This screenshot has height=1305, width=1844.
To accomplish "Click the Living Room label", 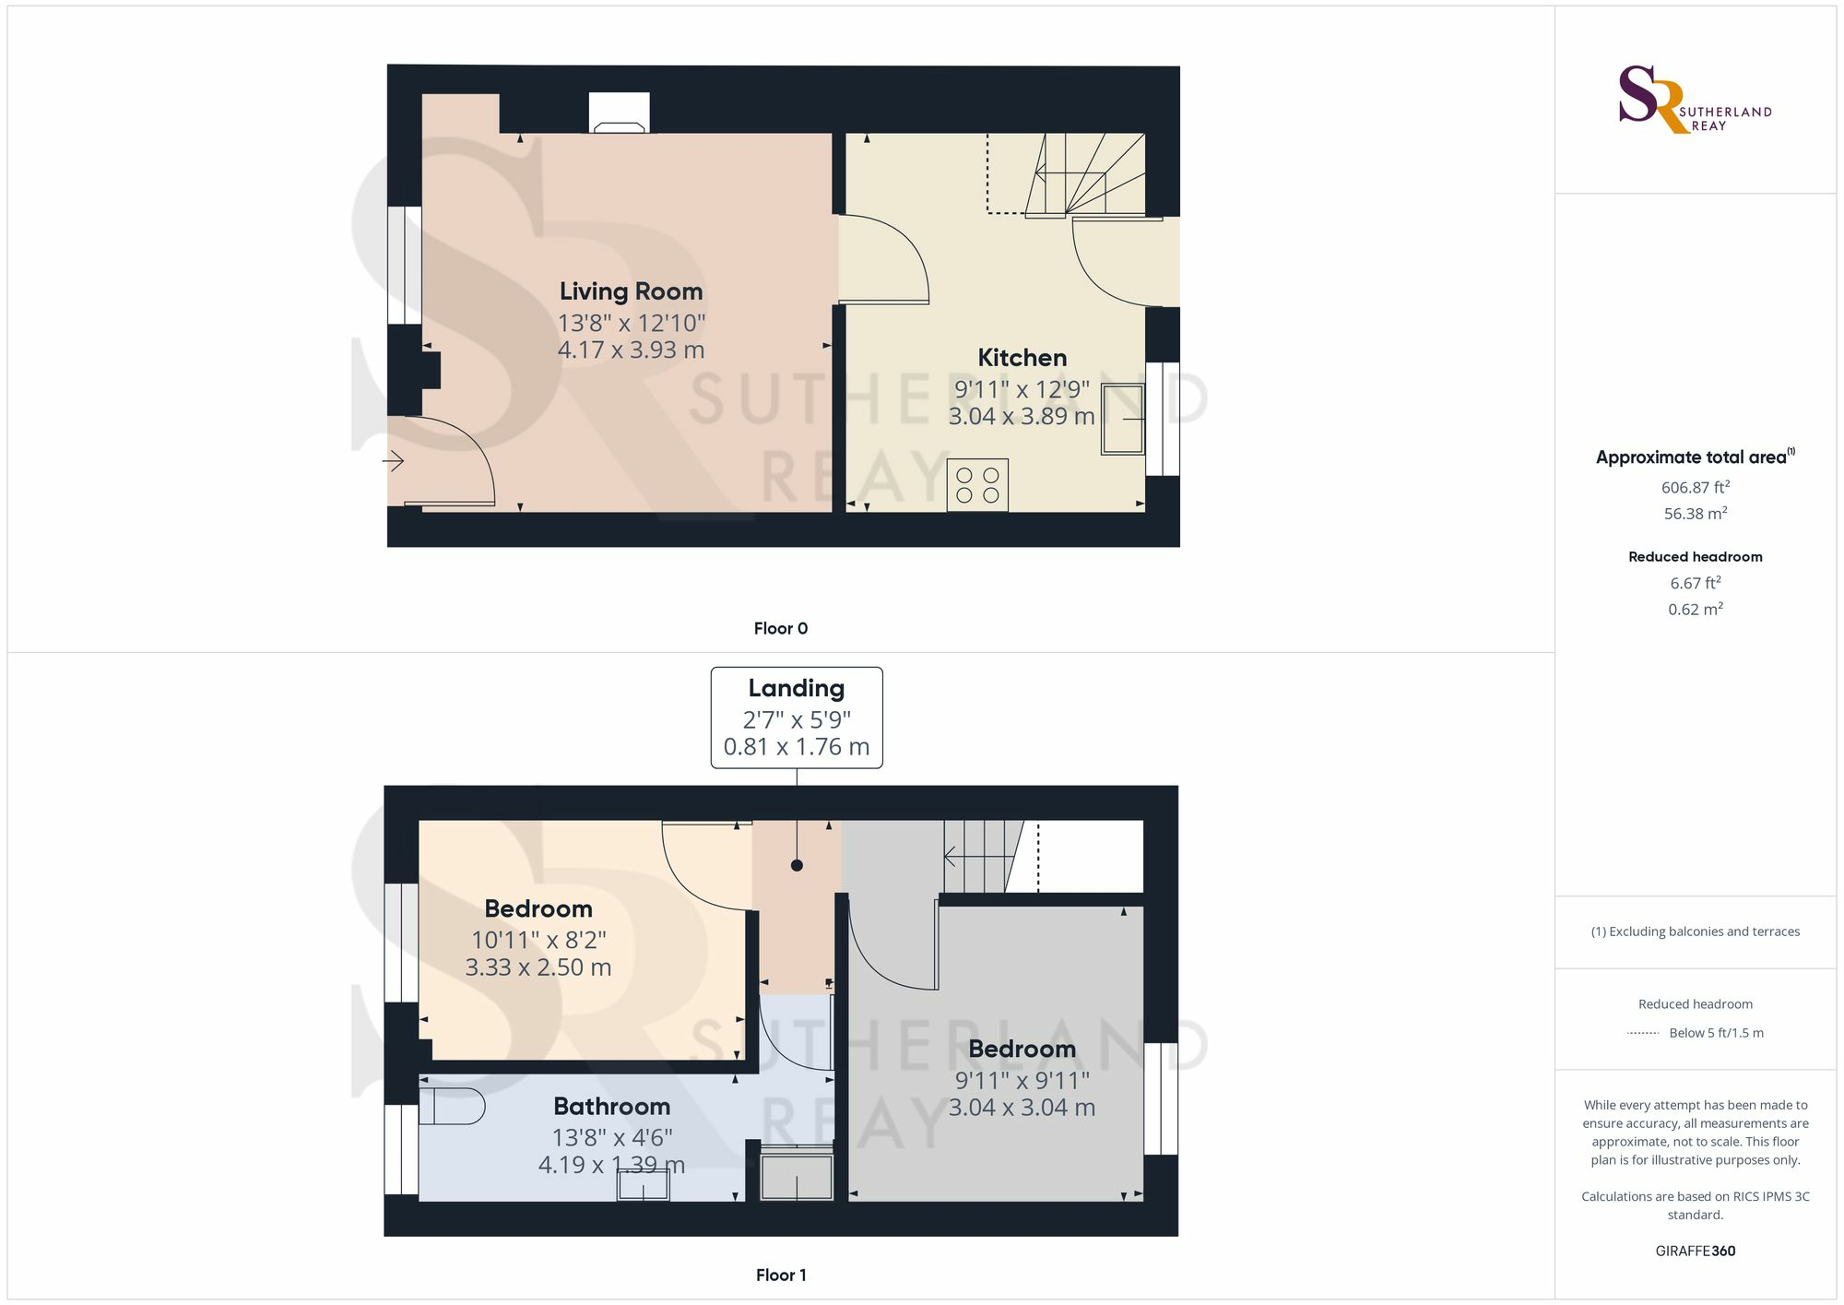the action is coord(631,291).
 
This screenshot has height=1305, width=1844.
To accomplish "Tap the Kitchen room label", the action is coord(1022,358).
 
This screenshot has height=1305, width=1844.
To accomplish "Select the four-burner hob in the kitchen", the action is coord(977,485).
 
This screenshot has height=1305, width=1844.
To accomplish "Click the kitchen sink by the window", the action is coord(1123,420).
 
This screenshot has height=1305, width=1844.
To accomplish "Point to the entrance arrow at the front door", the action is coord(394,460).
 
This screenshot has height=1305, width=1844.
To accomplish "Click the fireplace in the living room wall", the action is coord(619,113).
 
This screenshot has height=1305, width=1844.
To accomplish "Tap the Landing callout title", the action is coord(797,689).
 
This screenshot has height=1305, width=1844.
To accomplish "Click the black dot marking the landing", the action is coord(797,865).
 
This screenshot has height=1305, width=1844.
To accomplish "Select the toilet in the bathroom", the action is coord(452,1106).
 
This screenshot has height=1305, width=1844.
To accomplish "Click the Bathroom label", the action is coord(611,1107).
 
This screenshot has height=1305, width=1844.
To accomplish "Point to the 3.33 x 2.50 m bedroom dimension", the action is coord(538,967).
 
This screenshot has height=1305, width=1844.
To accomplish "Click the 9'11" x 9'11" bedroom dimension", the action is coord(1022,1080).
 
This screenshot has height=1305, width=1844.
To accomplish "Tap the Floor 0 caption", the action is coord(781,629).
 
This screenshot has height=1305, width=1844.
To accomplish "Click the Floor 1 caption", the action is coord(781,1275).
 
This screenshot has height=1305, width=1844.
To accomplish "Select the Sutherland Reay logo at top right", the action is coord(1695,100).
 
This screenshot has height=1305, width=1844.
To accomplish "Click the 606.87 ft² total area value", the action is coord(1695,487).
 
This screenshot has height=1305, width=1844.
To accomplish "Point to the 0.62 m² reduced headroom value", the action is coord(1695,609).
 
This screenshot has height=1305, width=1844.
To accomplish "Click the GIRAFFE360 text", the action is coord(1695,1252).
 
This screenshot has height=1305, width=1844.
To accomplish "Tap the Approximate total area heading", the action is coord(1695,457).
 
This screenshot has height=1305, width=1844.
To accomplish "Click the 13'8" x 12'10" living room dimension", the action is coord(632,324).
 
